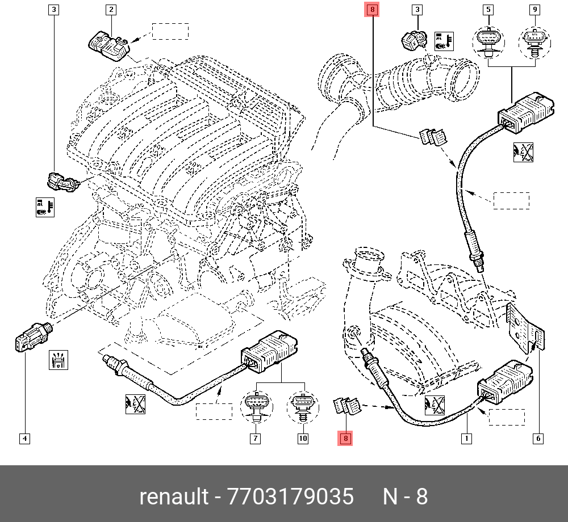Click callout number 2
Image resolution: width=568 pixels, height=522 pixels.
pos(111,10)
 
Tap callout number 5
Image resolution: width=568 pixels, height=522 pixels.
pos(488,10)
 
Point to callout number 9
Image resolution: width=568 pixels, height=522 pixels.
pos(534,10)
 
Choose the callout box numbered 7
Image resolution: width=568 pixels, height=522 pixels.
pos(256,438)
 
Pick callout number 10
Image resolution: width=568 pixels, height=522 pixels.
pos(302,438)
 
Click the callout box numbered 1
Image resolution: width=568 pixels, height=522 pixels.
pos(466,438)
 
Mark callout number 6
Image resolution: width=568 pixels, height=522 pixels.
pos(537,438)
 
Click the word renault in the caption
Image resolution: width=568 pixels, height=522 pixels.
pos(174,496)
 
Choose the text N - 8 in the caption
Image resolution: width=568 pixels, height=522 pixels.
pos(405,496)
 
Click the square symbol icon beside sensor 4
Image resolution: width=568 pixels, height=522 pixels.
pos(60,360)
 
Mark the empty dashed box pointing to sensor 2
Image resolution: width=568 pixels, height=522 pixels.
pos(170,31)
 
